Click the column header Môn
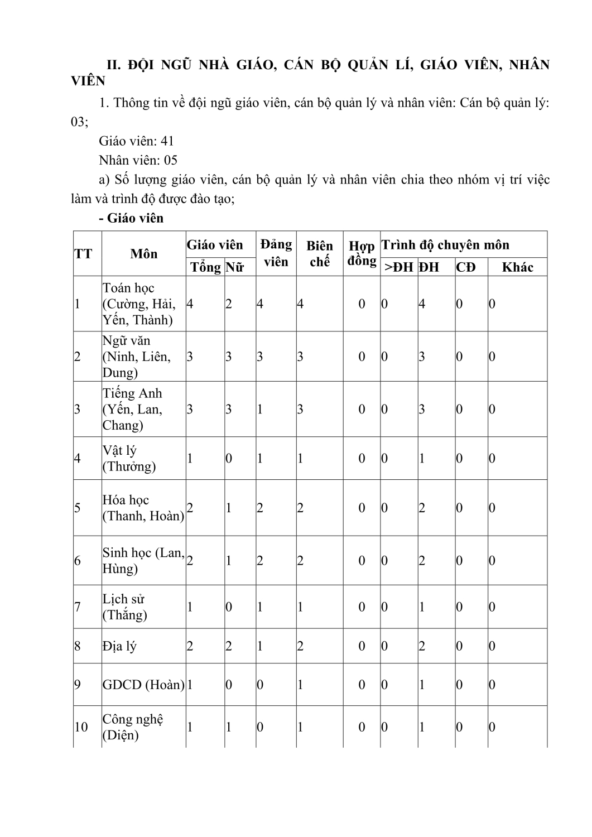click(144, 254)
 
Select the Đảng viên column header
click(276, 253)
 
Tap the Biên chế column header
click(320, 253)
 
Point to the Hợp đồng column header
click(362, 253)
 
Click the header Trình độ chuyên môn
click(445, 245)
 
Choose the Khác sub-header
click(517, 267)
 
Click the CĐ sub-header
click(466, 267)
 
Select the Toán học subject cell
click(138, 304)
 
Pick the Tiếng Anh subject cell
click(133, 409)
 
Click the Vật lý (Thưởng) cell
click(129, 458)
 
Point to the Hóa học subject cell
click(143, 508)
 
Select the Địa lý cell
click(119, 646)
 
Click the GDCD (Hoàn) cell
click(143, 685)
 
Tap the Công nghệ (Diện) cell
click(133, 727)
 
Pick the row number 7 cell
click(78, 607)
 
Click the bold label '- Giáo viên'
click(131, 218)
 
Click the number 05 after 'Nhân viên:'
click(170, 161)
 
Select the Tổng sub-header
click(205, 267)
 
